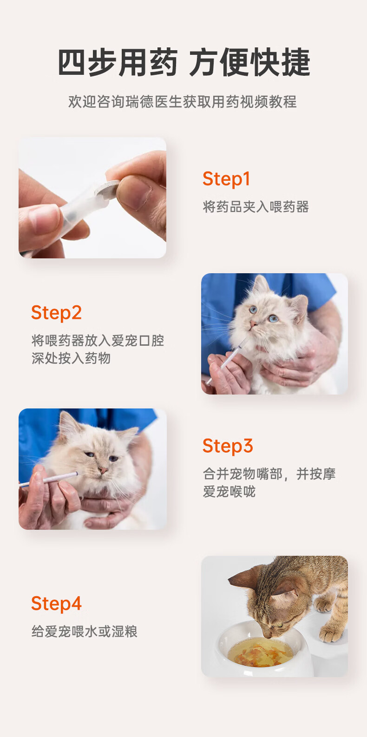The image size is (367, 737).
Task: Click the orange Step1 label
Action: tap(226, 179)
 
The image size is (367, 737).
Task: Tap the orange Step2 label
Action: tap(56, 313)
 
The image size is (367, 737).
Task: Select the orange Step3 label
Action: tap(228, 446)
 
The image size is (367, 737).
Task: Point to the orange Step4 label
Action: tap(56, 604)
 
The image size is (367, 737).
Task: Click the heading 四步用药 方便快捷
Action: tap(184, 62)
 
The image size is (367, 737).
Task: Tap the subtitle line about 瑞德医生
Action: tap(183, 102)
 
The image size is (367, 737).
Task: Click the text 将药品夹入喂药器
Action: tap(256, 207)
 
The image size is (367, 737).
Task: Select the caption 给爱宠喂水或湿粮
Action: tap(84, 632)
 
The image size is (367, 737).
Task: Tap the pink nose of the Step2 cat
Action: tap(253, 324)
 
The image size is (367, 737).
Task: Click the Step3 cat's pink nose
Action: tap(103, 470)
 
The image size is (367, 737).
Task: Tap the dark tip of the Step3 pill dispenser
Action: tap(77, 474)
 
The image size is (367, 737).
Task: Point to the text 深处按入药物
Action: tap(71, 358)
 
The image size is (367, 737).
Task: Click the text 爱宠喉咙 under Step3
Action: tap(229, 492)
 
